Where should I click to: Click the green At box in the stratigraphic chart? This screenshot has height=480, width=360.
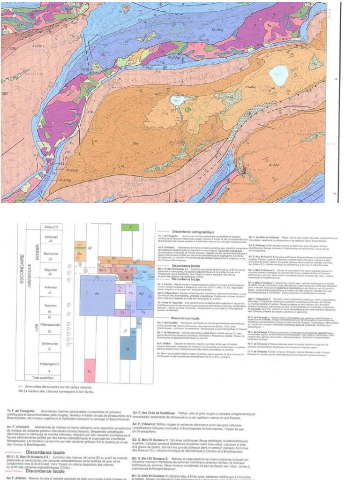tap(130, 227)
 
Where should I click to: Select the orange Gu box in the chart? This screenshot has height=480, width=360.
tap(80, 253)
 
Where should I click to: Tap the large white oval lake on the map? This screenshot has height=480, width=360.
tap(280, 75)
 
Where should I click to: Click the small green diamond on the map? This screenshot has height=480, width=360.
tap(187, 109)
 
